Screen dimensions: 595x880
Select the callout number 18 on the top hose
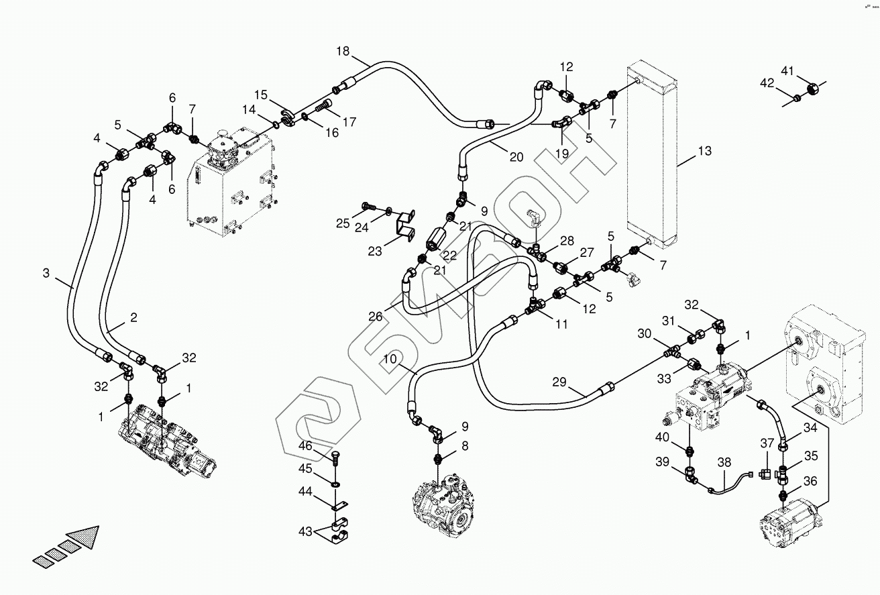[x=343, y=52]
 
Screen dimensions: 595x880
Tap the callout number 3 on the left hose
[x=46, y=273]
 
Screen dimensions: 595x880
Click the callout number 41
[x=787, y=70]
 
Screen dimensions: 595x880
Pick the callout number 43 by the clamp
[x=305, y=532]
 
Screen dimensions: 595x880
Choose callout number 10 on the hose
[x=390, y=360]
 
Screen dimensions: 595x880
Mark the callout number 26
[x=374, y=315]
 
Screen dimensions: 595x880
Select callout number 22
[x=449, y=256]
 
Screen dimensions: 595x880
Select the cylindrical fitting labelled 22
[x=437, y=238]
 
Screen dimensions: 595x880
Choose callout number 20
[x=516, y=158]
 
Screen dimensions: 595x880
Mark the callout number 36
[x=810, y=481]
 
